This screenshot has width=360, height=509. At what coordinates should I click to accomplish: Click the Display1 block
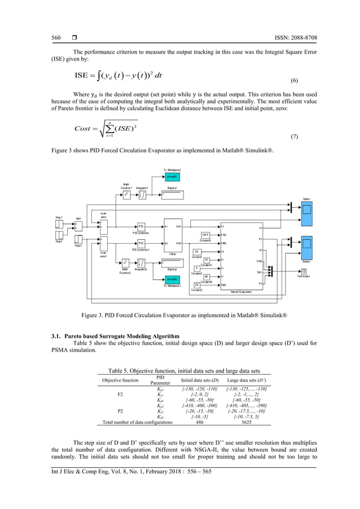172,195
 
